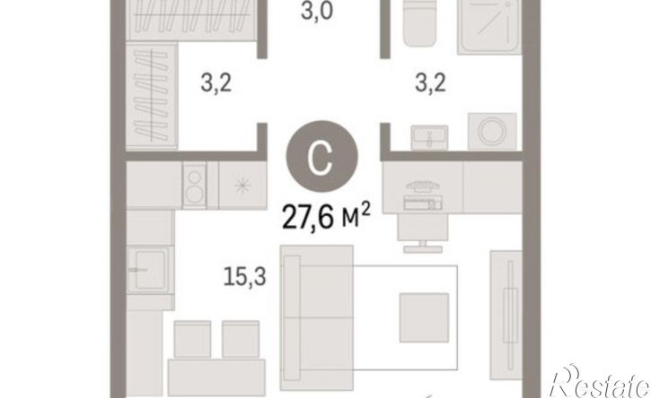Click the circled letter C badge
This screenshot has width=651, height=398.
pos(321,156)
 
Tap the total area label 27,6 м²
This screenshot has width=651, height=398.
pos(326,216)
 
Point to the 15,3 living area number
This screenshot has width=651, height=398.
pos(244,276)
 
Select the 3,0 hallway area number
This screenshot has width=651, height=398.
pos(317,11)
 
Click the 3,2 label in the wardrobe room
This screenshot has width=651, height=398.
pos(216,82)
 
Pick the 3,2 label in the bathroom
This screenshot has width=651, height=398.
pos(430,82)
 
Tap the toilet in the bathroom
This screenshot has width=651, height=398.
pos(419,22)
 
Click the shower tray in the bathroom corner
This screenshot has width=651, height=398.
pos(489,26)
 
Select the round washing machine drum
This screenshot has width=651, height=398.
pos(492,131)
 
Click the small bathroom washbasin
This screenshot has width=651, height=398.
pos(429,137)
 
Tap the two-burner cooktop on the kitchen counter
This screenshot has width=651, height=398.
pos(194,185)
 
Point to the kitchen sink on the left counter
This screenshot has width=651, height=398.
pos(150,270)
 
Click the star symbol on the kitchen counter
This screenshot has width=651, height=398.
pos(242,186)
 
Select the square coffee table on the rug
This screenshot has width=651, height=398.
pos(424,317)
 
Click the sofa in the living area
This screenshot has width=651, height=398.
pos(317,317)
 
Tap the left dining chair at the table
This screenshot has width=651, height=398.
pos(192,339)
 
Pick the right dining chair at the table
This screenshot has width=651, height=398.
pos(241,339)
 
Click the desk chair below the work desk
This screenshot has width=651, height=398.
pos(422,233)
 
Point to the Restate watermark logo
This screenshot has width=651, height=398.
pos(600,383)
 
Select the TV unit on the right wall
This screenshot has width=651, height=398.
pos(506,316)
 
